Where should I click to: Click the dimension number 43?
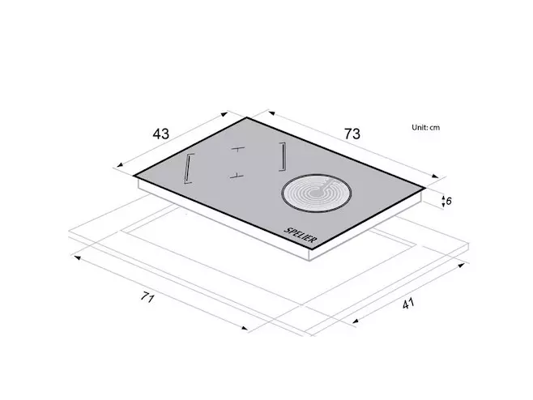coord(160,134)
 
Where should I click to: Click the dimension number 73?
coord(352,134)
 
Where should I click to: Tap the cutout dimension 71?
coord(148,297)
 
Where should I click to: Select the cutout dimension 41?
coord(408,303)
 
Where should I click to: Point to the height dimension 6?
coord(449,201)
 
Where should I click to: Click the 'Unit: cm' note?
coord(425,127)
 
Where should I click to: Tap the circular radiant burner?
coord(317,194)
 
